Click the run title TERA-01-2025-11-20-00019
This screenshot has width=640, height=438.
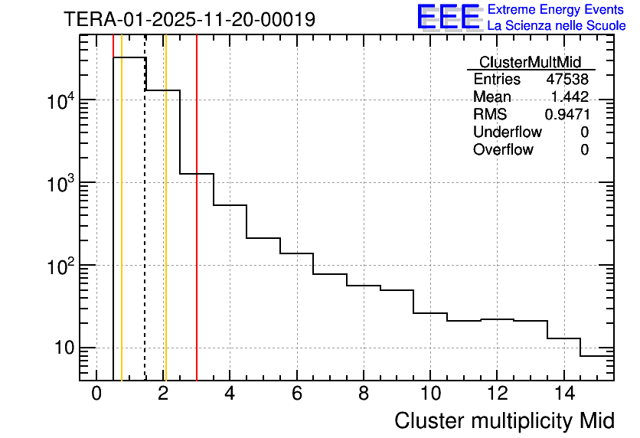(189, 19)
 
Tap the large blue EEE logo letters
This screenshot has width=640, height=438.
(448, 17)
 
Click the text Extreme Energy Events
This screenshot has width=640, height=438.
(557, 10)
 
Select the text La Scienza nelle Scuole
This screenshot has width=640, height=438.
(557, 25)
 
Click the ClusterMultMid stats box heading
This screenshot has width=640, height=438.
(530, 62)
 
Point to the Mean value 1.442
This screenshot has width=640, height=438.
(570, 97)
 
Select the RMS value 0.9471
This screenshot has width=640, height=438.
(567, 115)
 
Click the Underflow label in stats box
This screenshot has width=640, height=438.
(508, 132)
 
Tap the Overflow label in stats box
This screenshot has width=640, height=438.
(503, 149)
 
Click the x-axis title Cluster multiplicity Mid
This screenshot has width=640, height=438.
(504, 420)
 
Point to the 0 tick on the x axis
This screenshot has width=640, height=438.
(96, 394)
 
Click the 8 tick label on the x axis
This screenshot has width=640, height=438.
(364, 394)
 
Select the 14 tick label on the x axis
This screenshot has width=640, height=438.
(564, 394)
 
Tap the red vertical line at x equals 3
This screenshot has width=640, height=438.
(197, 230)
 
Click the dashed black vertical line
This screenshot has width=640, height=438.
(145, 230)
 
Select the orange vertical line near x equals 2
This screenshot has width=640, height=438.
(165, 230)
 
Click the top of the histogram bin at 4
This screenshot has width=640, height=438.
(230, 205)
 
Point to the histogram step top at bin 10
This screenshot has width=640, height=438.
(430, 313)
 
